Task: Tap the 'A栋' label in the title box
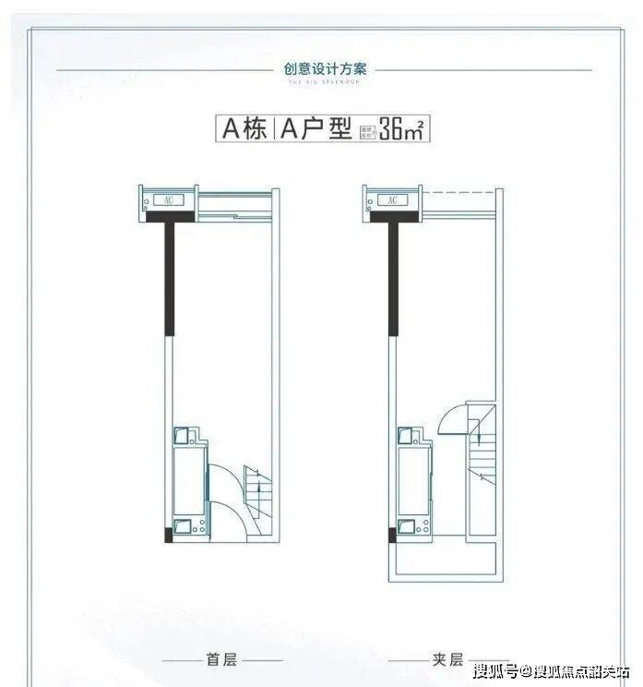(x=242, y=128)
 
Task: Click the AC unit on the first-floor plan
(x=168, y=199)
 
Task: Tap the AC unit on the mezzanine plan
(x=392, y=199)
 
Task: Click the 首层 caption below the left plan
(x=221, y=660)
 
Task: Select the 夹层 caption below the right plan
(x=446, y=660)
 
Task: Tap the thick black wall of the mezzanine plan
(x=393, y=277)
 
